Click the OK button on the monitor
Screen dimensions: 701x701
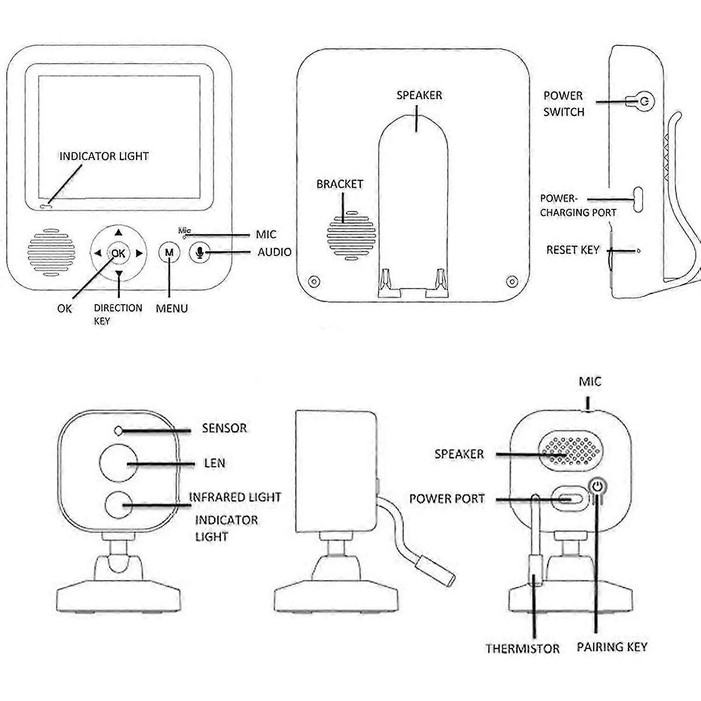[x=118, y=253]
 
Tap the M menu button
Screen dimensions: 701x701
[x=169, y=253]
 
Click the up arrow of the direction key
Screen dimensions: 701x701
[x=119, y=232]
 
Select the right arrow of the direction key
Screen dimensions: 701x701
[x=139, y=253]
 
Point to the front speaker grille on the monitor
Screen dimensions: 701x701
[x=51, y=251]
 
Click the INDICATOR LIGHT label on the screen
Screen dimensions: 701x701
[x=104, y=156]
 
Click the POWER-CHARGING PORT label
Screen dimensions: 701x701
[x=578, y=206]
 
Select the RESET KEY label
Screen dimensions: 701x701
[x=572, y=250]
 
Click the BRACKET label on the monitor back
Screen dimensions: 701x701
[x=340, y=184]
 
